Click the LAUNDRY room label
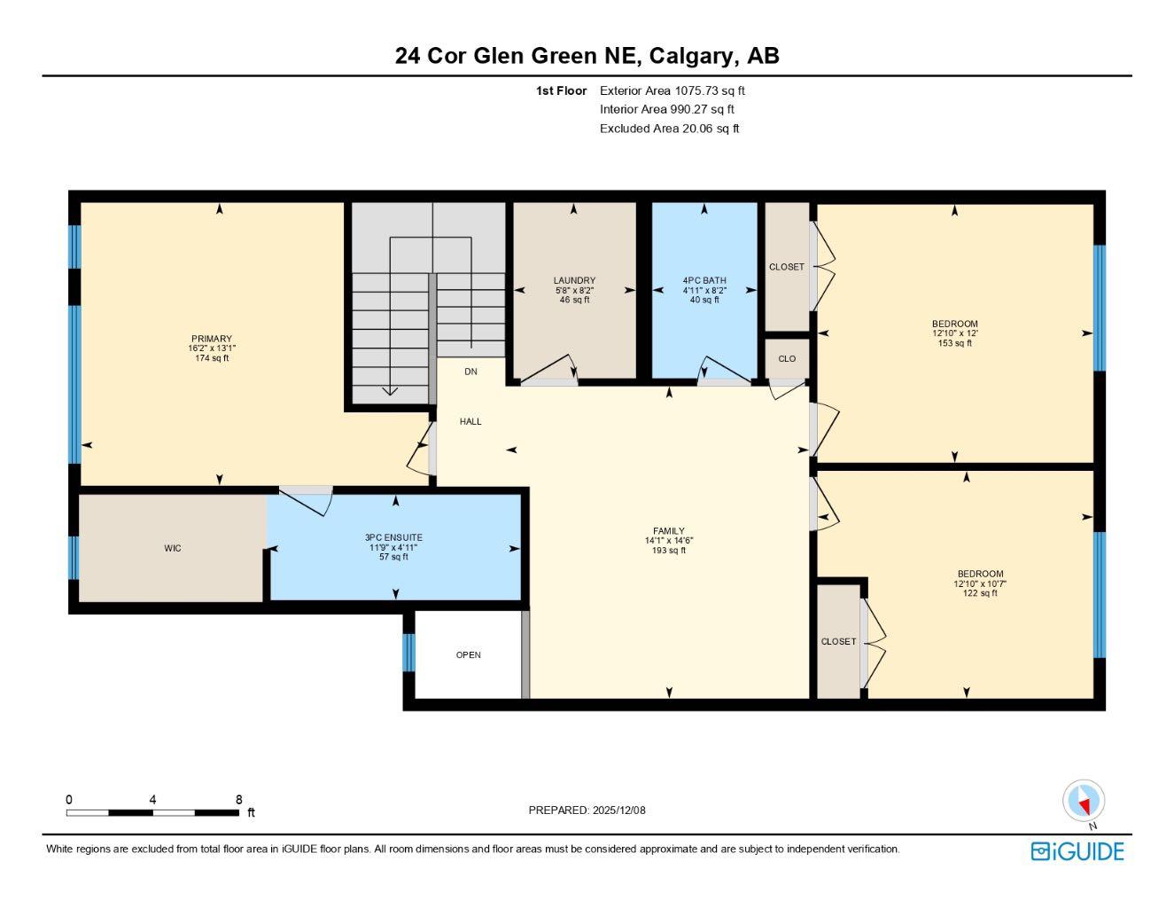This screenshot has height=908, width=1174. [574, 280]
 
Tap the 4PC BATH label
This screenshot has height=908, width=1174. [704, 280]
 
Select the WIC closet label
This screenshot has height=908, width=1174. [173, 549]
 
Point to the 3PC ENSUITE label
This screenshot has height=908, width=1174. [393, 537]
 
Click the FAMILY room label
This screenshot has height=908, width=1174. [669, 531]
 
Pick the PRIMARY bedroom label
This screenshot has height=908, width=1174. [212, 339]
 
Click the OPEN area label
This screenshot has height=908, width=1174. [469, 655]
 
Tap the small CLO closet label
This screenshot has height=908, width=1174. [787, 359]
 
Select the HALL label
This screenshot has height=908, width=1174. [470, 421]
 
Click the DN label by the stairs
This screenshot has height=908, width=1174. [470, 372]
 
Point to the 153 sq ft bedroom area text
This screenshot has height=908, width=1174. [954, 343]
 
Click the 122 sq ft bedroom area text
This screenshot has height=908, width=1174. [980, 593]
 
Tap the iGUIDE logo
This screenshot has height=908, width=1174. [1077, 851]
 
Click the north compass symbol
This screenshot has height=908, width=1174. [1084, 802]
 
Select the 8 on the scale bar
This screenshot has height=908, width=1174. [238, 800]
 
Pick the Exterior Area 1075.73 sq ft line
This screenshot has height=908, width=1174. [673, 90]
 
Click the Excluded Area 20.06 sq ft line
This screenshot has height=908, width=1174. [669, 129]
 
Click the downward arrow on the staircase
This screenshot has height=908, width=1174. [390, 390]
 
